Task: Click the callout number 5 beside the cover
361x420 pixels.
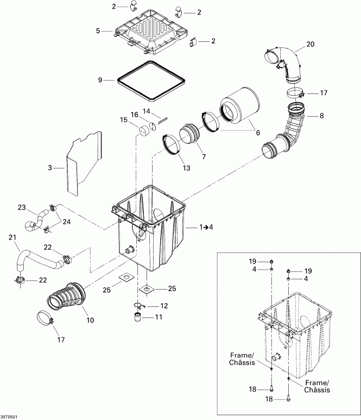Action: [98, 31]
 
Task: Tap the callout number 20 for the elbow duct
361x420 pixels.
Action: [310, 44]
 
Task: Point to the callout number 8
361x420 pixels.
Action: [322, 116]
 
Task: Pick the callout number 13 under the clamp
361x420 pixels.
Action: [186, 168]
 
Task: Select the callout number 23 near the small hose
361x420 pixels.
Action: [22, 208]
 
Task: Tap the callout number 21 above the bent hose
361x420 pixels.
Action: [12, 237]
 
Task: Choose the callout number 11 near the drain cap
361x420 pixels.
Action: [159, 317]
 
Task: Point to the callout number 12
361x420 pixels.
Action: [164, 305]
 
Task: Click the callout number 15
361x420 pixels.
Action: [124, 120]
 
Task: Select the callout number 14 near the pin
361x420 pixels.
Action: [147, 111]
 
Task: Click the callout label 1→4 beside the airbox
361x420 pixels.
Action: [206, 227]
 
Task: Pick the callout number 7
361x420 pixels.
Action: [204, 156]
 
